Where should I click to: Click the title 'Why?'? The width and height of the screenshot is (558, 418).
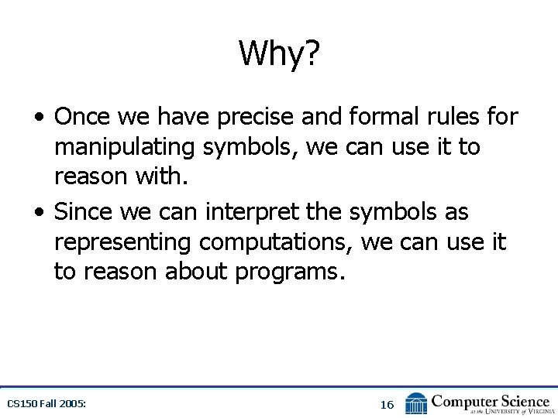(279, 53)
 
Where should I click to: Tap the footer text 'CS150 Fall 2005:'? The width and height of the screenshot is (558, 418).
(46, 404)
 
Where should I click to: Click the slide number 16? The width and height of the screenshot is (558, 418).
(387, 405)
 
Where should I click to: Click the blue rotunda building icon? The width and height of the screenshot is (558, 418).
(416, 403)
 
